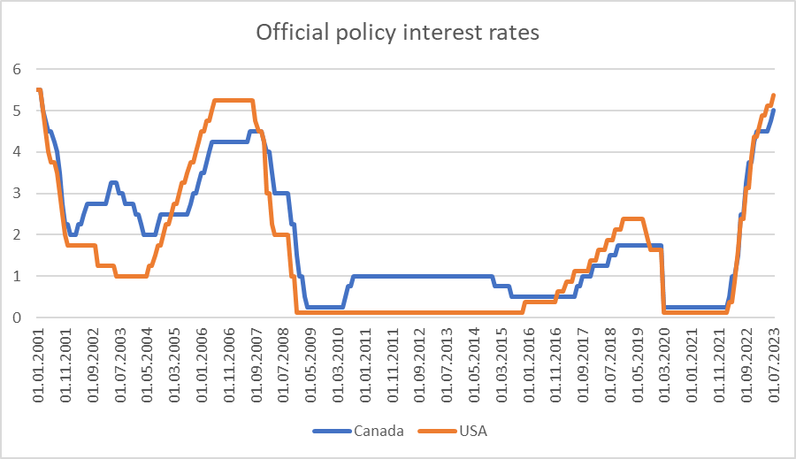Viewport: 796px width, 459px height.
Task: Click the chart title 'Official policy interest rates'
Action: pos(397,33)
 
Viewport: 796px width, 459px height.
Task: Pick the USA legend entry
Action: pos(472,432)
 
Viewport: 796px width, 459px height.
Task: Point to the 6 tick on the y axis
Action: pos(15,69)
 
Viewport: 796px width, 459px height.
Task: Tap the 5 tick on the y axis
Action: pos(15,111)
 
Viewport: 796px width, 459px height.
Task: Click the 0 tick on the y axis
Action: pos(15,317)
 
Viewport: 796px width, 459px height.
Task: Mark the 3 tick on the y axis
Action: pos(15,193)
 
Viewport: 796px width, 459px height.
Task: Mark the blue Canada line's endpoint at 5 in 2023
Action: pos(774,111)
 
